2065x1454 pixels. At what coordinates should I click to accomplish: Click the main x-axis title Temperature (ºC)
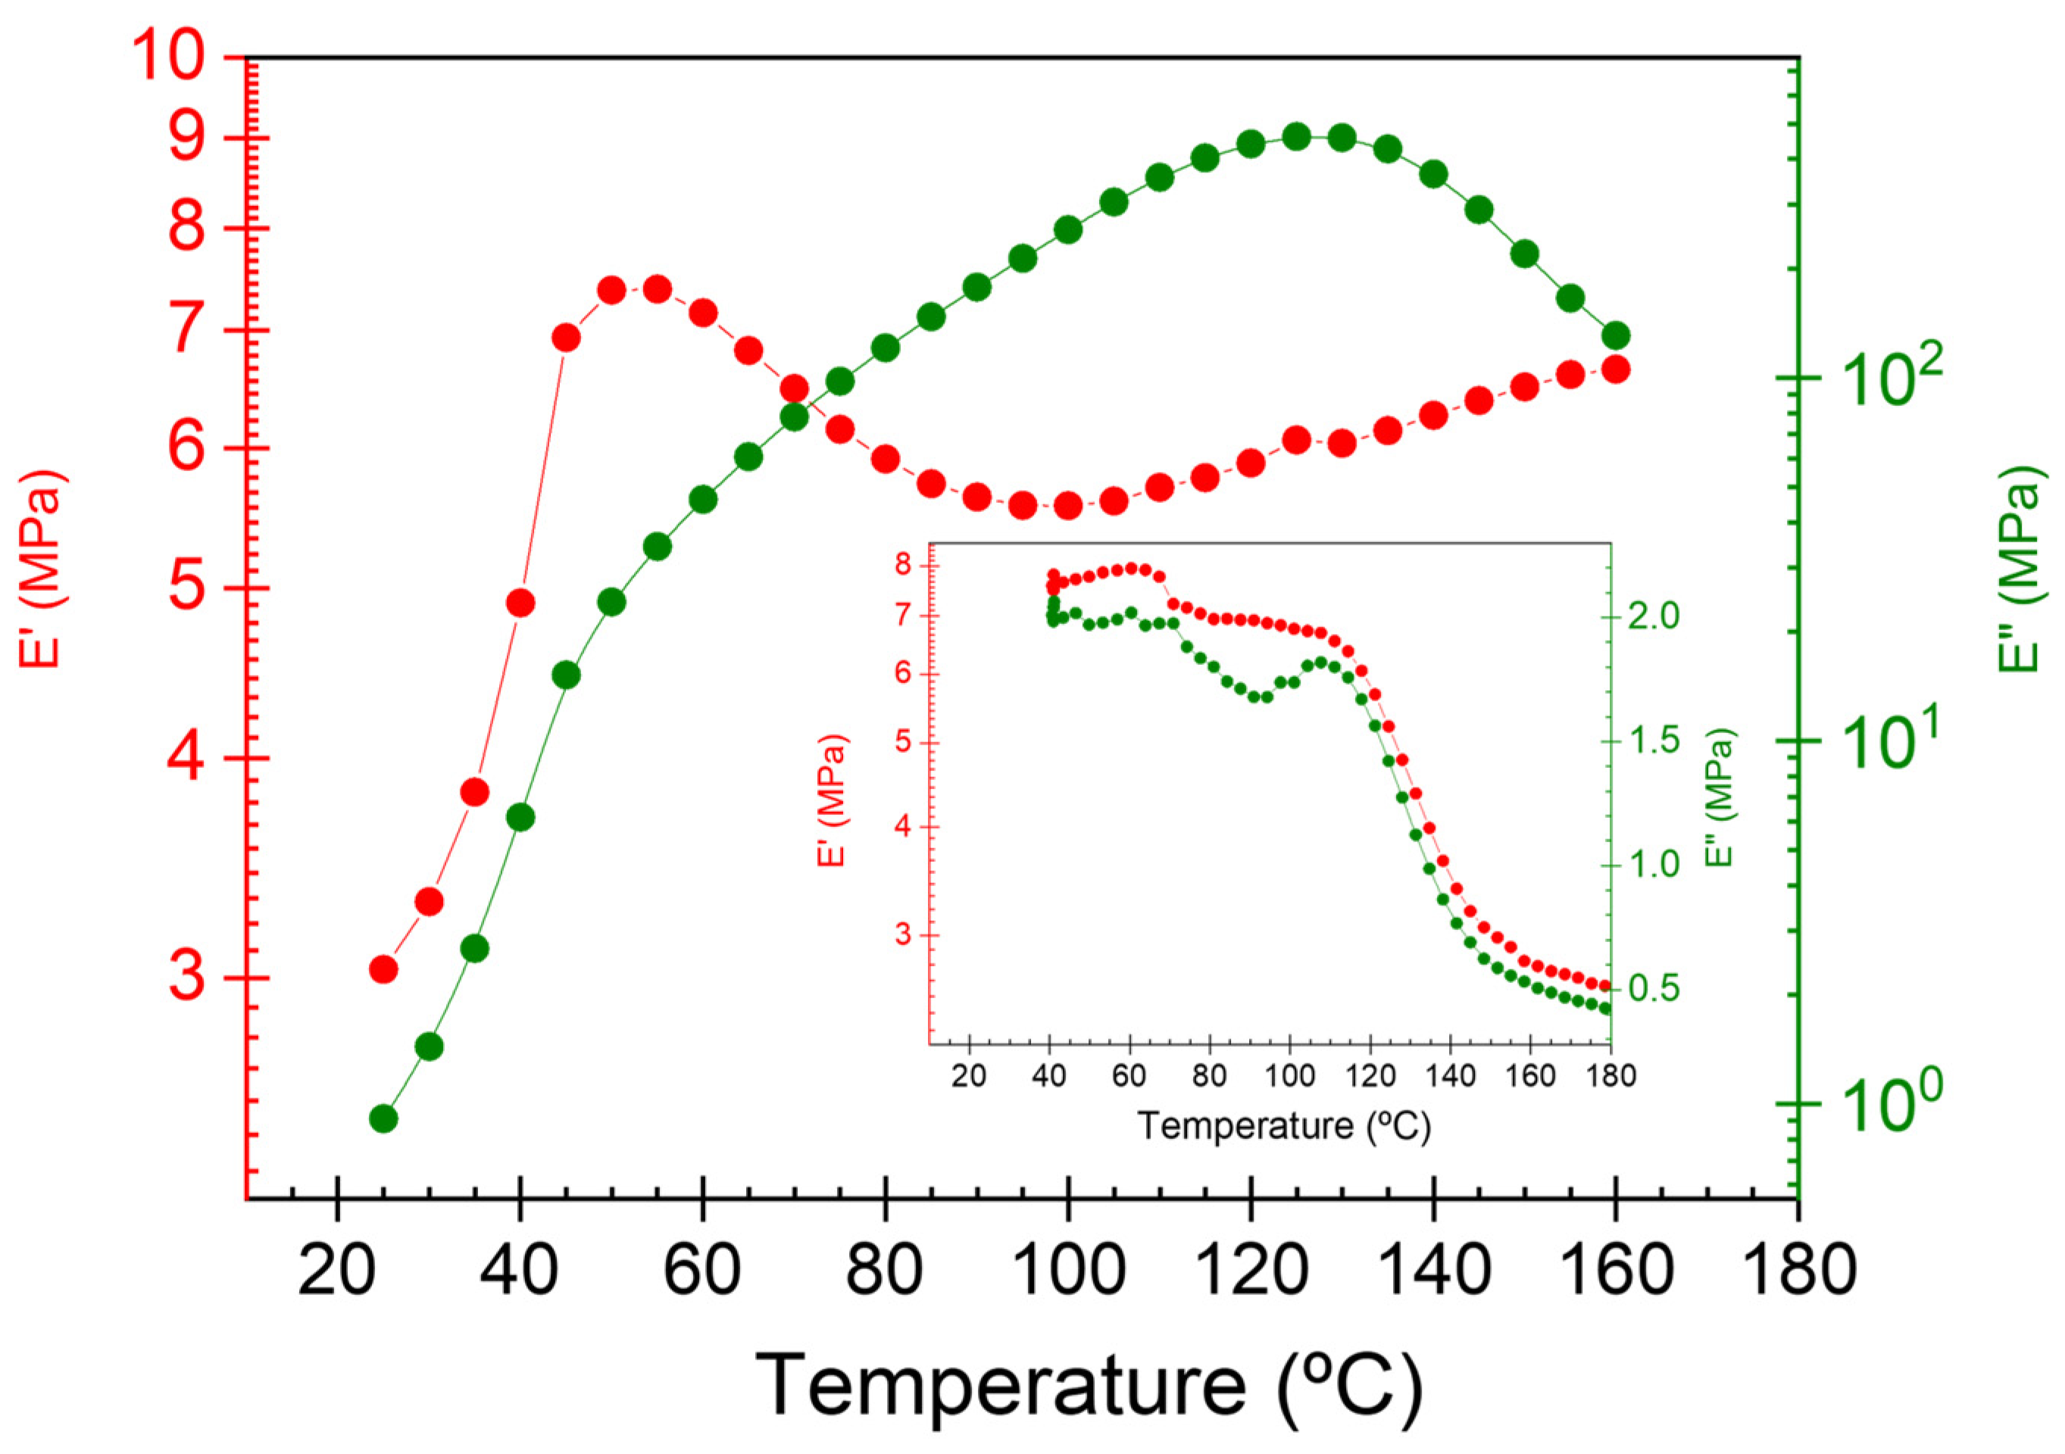click(1089, 1385)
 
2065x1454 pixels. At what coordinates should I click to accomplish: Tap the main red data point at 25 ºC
click(384, 969)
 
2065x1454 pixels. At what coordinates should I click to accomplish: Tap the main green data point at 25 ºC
click(384, 1119)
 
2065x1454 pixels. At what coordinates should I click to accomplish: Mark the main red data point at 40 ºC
click(520, 603)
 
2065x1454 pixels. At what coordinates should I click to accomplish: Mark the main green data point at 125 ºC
click(1296, 136)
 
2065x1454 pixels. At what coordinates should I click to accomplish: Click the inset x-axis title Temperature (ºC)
click(1283, 1126)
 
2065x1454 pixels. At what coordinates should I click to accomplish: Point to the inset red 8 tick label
click(903, 566)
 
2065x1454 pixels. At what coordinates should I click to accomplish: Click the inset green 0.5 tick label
click(1653, 989)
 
